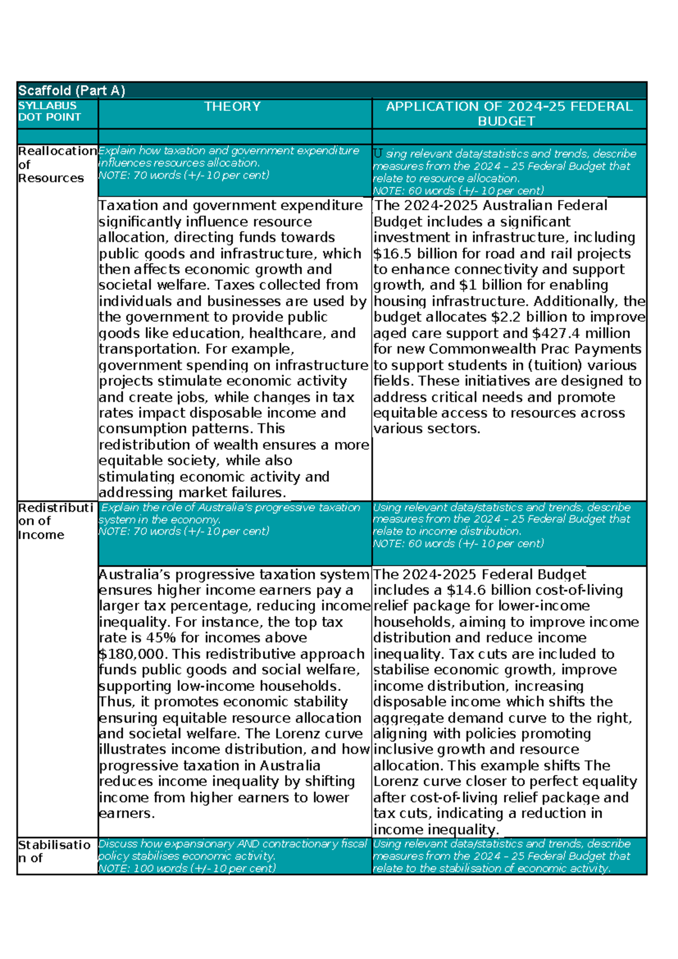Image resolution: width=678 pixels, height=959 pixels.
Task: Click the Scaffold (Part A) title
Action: [71, 90]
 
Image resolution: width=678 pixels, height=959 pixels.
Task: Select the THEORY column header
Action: [232, 107]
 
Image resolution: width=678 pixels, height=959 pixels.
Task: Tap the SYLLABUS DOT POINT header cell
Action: [49, 111]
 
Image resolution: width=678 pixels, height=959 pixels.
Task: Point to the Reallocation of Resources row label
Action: [56, 164]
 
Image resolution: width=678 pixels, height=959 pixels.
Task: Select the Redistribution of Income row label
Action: [55, 521]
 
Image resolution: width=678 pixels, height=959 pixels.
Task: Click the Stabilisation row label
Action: [54, 851]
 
